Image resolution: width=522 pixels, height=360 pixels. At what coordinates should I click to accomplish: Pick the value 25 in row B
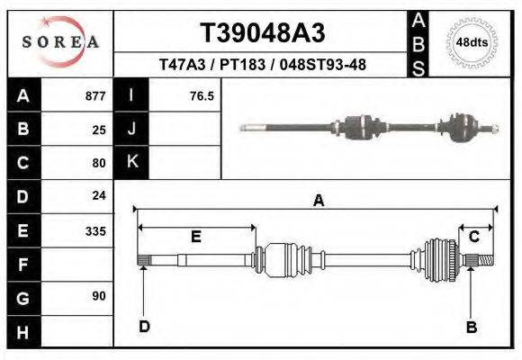99,130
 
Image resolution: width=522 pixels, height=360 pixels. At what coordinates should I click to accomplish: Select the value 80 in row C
99,163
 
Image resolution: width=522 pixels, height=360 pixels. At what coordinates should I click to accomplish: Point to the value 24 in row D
99,195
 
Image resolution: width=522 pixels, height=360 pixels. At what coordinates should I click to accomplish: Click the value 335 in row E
95,231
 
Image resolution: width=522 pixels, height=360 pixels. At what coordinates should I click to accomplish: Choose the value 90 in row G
99,296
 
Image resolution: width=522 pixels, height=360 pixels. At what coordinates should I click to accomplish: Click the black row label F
23,265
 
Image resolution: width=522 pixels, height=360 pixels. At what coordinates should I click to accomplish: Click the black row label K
132,162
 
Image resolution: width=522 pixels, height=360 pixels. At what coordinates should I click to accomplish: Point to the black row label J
132,129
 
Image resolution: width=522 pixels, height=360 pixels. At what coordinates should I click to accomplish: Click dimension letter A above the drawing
318,202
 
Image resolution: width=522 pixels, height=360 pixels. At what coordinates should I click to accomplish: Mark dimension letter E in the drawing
195,237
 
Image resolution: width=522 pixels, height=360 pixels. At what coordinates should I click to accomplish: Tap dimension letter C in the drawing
473,237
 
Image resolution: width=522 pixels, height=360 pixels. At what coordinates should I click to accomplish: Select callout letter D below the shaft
143,327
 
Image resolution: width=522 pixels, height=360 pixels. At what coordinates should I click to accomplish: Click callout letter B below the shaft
471,328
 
